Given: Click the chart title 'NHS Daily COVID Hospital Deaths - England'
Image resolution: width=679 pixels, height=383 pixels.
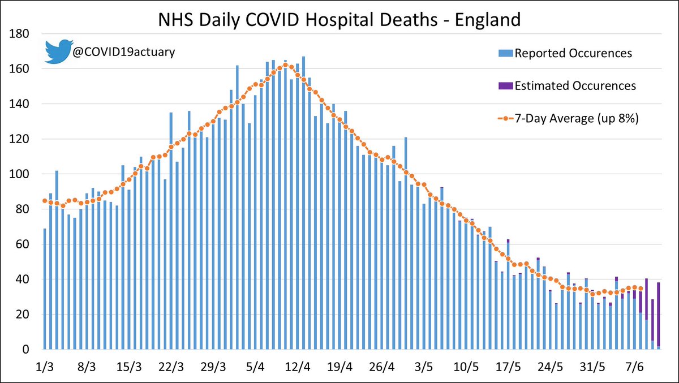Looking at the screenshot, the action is [339, 20].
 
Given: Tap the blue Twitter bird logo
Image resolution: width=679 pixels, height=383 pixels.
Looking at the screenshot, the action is [59, 51].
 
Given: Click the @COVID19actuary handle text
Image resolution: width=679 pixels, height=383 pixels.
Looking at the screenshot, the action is [124, 52].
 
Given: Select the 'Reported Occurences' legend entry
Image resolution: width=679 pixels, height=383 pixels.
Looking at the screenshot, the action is [565, 53].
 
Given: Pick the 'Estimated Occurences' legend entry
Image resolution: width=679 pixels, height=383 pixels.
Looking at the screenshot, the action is [567, 86].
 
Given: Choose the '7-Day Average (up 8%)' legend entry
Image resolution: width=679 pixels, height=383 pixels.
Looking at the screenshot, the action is [568, 118].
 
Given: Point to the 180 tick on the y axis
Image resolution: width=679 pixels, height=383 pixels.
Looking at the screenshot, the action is [19, 33].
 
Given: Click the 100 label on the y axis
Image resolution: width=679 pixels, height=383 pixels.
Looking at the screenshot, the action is [19, 174].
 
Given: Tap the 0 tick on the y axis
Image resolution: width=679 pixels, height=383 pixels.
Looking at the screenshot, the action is [26, 349].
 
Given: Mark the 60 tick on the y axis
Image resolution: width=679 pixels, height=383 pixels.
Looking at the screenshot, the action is [23, 244].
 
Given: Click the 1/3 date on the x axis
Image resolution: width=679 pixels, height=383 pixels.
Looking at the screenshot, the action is [45, 367].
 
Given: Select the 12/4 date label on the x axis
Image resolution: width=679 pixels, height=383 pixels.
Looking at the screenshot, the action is [298, 367].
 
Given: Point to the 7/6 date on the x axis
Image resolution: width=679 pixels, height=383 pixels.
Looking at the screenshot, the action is [634, 367].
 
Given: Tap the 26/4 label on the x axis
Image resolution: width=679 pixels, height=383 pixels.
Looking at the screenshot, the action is [381, 367].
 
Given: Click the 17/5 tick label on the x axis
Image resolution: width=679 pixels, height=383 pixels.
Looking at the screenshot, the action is [508, 367].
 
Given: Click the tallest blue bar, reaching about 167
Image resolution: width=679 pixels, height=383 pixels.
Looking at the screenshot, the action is [303, 203].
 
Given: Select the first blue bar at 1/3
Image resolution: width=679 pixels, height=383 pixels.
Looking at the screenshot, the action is [45, 289].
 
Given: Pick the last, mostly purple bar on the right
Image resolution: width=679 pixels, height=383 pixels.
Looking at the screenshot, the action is [659, 316].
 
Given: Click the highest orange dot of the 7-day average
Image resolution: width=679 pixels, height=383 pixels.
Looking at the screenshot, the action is [285, 65].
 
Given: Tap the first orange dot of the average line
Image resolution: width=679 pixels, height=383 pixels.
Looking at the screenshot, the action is [45, 201].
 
